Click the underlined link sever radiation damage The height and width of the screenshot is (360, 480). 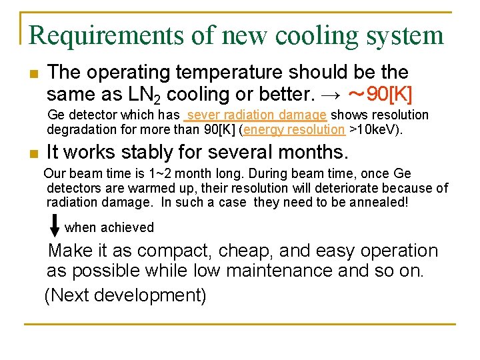click(257, 115)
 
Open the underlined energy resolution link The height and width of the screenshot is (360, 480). click(295, 129)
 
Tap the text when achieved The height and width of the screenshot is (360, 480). click(109, 228)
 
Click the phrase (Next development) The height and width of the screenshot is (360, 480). click(125, 295)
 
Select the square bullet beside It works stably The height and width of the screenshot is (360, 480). click(33, 154)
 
